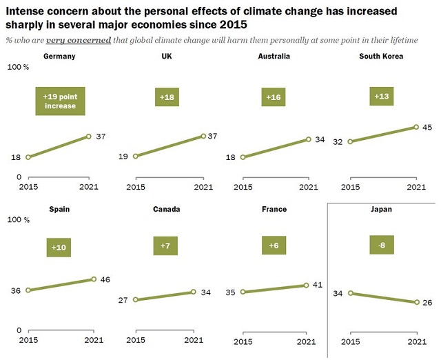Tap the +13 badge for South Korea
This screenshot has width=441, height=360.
(x=382, y=97)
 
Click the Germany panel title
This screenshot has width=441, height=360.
(x=60, y=55)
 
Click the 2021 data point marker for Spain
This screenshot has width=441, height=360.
(x=94, y=279)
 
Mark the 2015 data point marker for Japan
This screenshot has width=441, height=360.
(x=351, y=293)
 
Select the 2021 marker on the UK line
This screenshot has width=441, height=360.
(x=203, y=136)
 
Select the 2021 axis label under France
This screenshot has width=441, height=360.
(x=307, y=341)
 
